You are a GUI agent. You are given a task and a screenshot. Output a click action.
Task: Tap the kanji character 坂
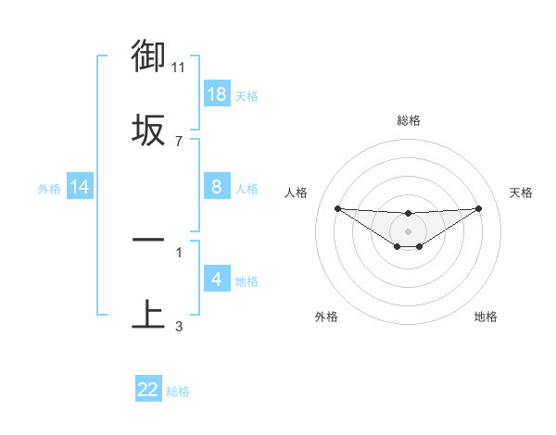pos(148,130)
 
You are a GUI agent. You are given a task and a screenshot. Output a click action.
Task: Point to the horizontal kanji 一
pos(148,240)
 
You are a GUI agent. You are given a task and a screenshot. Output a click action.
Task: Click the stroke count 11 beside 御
pos(179,68)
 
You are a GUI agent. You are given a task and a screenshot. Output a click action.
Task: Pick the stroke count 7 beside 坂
pos(179,141)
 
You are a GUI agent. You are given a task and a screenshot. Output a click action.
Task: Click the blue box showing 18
pos(217,94)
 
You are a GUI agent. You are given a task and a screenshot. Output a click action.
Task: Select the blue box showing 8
pos(217,187)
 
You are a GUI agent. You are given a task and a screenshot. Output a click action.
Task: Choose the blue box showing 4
pos(217,280)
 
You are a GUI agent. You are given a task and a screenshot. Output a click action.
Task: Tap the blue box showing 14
pos(80,187)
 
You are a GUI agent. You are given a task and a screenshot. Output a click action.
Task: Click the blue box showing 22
pos(148,390)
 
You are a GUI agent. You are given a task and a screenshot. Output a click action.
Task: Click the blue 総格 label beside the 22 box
pos(178,391)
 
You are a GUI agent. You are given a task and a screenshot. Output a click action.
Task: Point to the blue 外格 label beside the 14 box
pos(48,189)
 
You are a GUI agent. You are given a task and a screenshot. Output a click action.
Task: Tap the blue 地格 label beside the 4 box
pos(246,281)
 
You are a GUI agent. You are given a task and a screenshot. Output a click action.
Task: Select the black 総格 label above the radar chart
pos(408,120)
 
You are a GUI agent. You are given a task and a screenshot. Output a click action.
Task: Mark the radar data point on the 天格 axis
pos(479,208)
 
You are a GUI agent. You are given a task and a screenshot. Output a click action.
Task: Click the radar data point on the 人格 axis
pos(337,208)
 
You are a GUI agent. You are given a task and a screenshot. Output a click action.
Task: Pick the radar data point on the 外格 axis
pos(398,246)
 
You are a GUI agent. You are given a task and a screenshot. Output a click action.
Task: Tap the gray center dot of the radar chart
pos(408,230)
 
